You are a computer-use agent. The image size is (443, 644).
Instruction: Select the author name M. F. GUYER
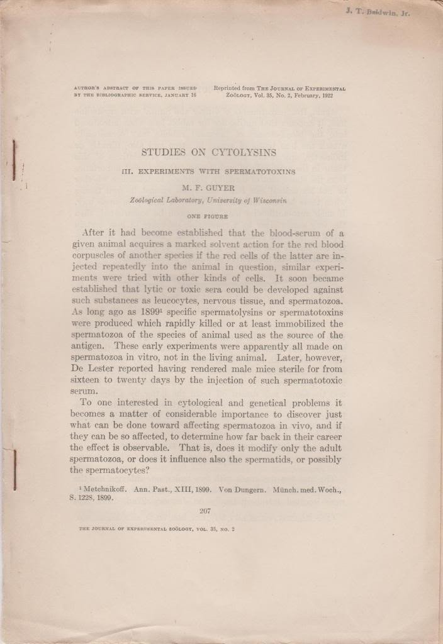[208, 188]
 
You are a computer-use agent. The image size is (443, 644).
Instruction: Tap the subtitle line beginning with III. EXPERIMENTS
[208, 171]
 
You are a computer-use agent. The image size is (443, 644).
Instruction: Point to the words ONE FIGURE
[208, 216]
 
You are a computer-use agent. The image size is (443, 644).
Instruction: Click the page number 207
[208, 510]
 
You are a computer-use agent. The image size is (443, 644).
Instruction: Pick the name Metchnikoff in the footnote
[107, 486]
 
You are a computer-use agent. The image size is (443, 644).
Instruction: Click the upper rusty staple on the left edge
[14, 162]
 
